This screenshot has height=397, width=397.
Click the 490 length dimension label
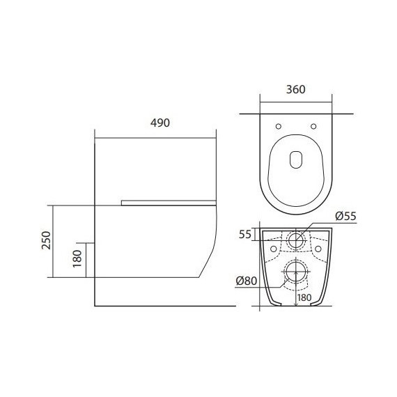point(160,123)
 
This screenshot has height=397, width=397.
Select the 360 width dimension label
point(296,90)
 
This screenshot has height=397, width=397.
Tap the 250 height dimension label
point(47,240)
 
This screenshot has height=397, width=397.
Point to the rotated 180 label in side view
point(77,258)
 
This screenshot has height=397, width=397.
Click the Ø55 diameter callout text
point(346,216)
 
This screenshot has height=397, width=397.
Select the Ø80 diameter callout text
point(247,281)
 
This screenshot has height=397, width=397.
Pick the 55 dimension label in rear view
point(245,235)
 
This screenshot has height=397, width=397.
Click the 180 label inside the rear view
point(304,297)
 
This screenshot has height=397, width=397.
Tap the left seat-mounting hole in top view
point(279,126)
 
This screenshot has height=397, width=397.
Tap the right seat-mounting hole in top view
point(313,126)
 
